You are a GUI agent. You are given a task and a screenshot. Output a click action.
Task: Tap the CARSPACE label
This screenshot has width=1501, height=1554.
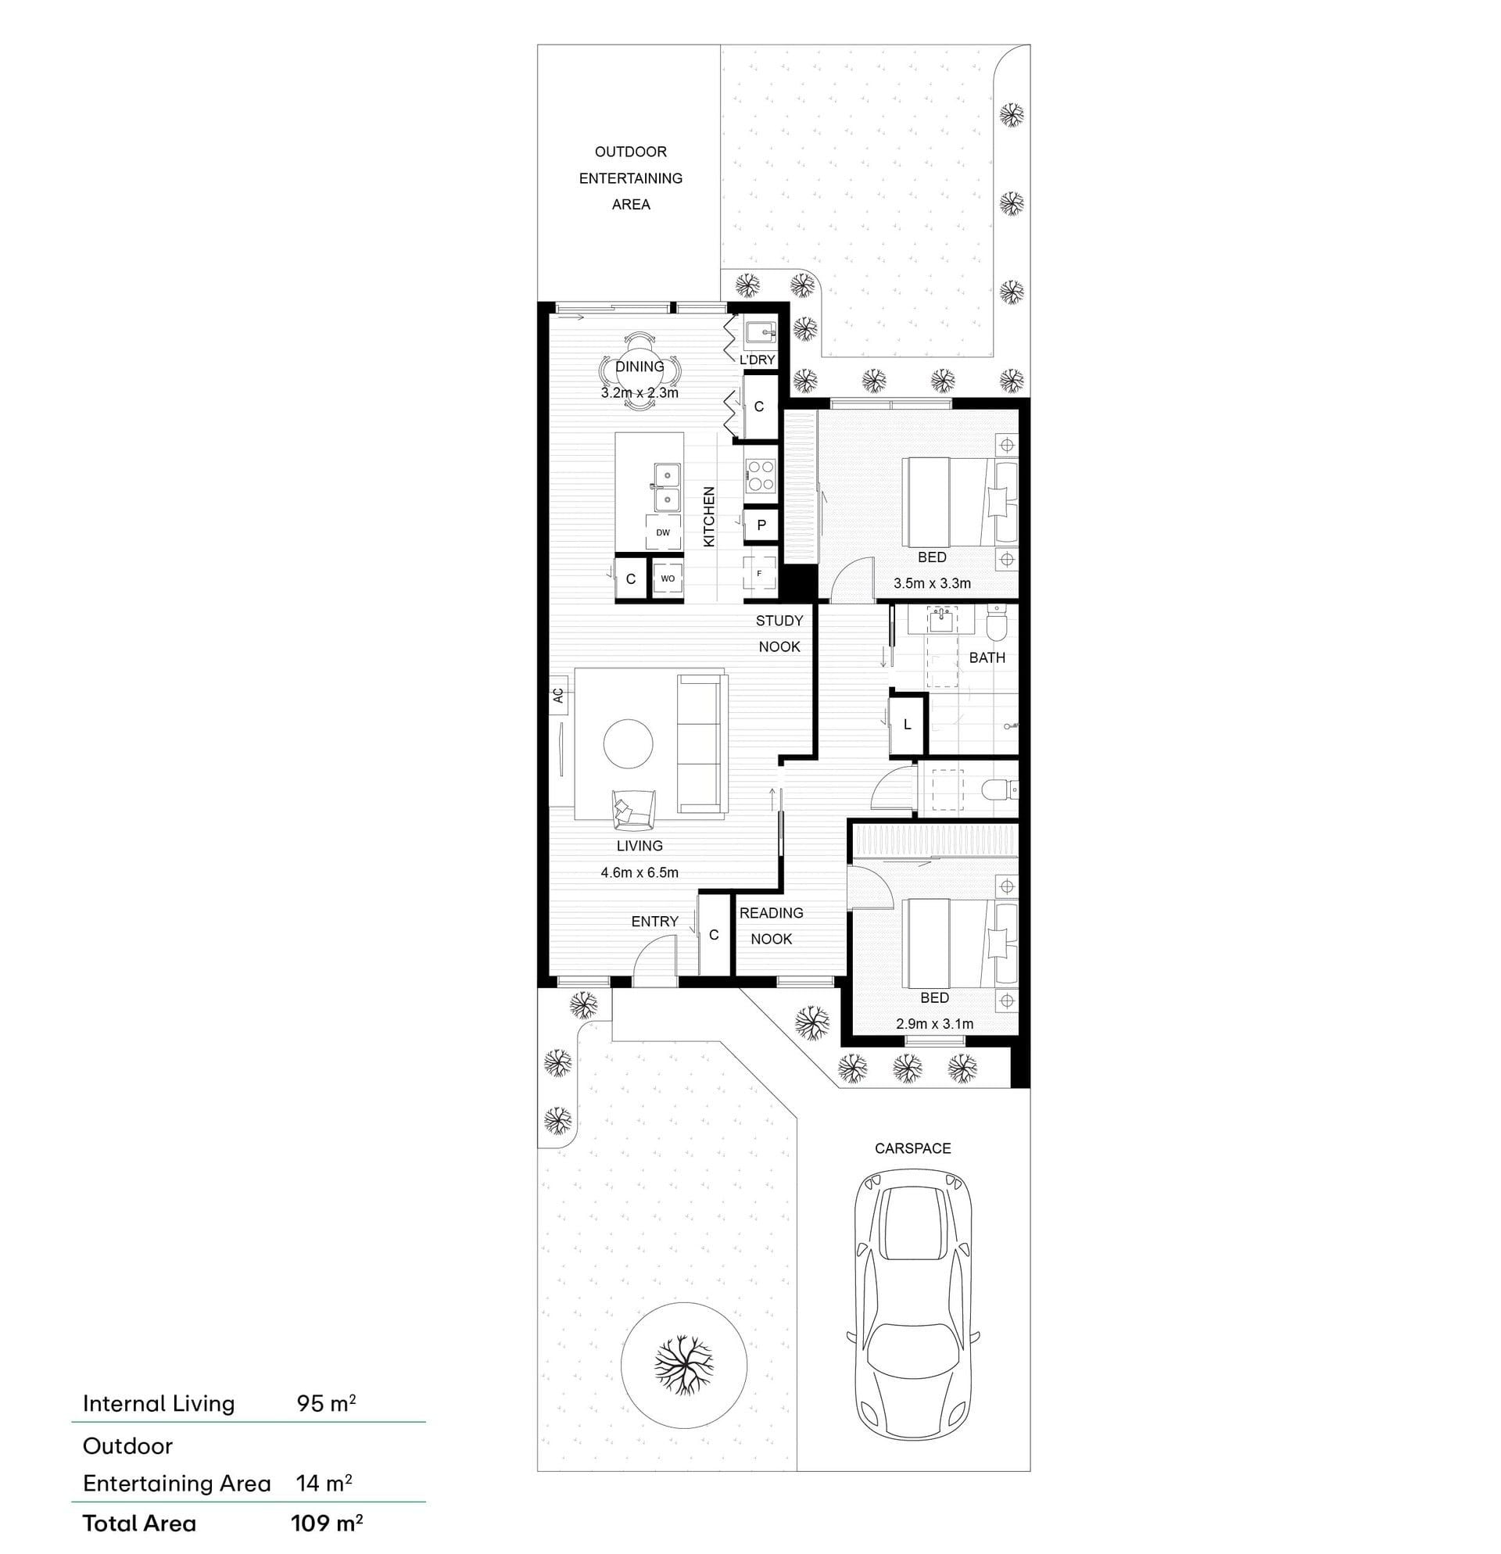(912, 1148)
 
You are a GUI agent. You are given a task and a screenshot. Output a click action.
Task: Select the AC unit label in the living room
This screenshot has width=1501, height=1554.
(558, 696)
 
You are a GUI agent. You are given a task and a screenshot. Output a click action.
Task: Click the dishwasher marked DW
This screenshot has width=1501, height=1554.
(663, 532)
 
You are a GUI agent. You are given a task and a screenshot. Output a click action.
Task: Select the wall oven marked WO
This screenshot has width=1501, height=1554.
(668, 578)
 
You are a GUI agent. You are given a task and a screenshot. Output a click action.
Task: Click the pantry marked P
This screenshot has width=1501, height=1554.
(761, 525)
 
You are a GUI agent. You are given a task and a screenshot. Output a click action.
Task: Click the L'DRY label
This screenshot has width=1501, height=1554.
(758, 360)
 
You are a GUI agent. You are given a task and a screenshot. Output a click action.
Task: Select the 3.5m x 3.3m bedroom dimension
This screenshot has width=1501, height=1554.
(932, 584)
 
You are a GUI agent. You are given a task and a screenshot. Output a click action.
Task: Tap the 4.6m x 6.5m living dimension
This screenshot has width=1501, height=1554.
(639, 873)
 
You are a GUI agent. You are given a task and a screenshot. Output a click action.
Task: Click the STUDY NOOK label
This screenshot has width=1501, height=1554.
(779, 633)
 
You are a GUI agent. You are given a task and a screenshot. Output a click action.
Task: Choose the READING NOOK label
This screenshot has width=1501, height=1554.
(772, 926)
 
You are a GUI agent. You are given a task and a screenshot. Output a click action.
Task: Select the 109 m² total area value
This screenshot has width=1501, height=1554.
(327, 1523)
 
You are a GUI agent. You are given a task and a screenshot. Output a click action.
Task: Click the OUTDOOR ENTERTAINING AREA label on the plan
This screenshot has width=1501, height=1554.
(630, 177)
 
